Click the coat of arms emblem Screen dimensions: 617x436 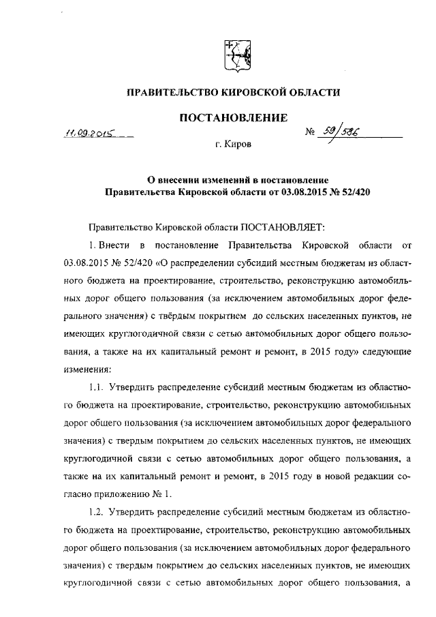click(238, 52)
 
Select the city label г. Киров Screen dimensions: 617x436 click(233, 145)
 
